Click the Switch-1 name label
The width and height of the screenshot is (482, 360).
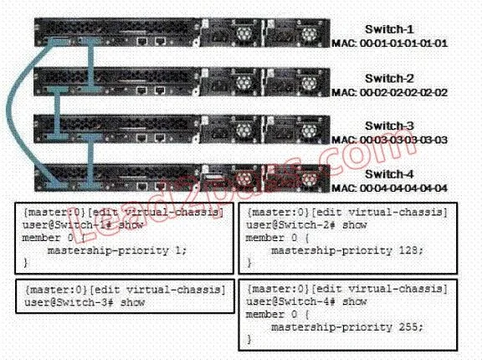389,29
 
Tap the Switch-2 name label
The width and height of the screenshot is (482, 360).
389,79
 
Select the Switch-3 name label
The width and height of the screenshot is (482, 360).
389,126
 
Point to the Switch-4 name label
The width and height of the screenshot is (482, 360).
389,174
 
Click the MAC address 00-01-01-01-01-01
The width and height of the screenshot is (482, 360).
403,44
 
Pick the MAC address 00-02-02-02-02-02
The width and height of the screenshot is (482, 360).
403,93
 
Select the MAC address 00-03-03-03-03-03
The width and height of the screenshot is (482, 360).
403,140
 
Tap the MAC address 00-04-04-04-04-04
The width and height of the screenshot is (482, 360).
403,188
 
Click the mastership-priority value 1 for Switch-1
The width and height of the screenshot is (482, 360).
178,250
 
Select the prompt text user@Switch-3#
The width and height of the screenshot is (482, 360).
69,302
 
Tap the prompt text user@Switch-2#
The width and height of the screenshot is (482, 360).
290,225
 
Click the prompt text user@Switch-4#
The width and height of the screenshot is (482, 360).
290,301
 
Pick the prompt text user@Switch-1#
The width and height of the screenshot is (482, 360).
67,225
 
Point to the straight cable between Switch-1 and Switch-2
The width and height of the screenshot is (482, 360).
91,65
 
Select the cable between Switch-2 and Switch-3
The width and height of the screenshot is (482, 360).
57,112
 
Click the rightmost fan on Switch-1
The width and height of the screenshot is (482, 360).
308,33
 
